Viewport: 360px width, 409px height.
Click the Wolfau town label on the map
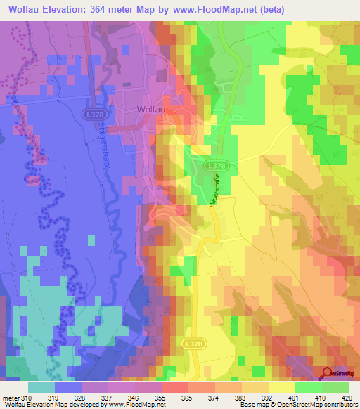coord(150,110)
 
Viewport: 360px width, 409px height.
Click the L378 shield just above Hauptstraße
coord(217,164)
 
